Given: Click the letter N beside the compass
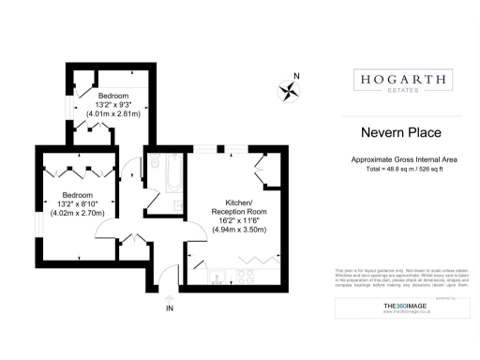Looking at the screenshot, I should [297, 76].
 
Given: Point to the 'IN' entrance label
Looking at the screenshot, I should [170, 307].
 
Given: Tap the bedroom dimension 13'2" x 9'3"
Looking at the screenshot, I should [112, 105].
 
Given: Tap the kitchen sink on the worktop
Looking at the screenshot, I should [217, 275].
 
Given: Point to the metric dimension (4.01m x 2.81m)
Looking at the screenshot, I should [112, 113].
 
